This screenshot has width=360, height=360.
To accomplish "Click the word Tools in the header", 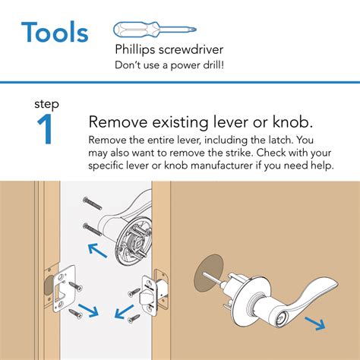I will pos(54,33).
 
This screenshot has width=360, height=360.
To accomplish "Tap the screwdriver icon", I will pos(156,31).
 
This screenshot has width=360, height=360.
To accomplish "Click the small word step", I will pos(46,103).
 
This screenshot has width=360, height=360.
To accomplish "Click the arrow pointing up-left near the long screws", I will pos(96,249).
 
